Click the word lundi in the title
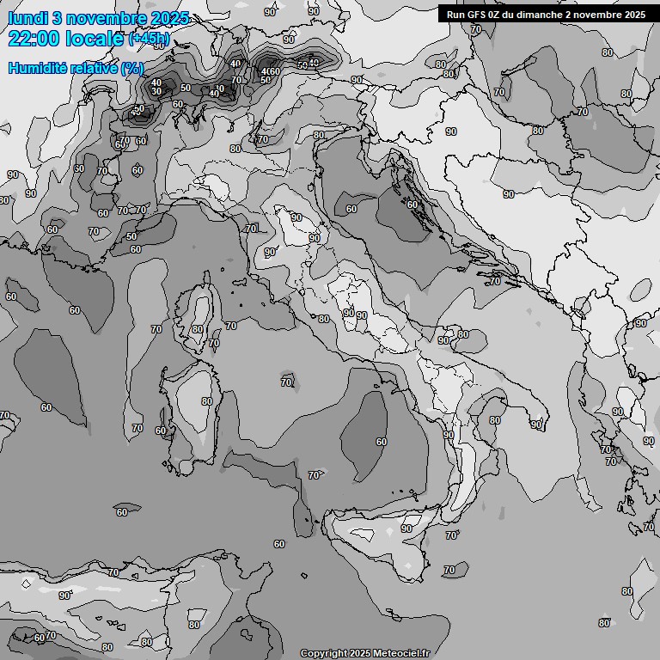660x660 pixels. tap(27, 18)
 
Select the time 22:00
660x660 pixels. tap(34, 38)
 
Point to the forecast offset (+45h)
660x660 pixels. tap(149, 39)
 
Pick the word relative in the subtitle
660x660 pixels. tap(92, 68)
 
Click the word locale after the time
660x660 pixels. tap(95, 38)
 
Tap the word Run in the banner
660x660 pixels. tap(456, 14)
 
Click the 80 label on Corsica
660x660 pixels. tap(198, 329)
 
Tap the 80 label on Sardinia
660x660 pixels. tap(206, 401)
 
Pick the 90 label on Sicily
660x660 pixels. tap(406, 529)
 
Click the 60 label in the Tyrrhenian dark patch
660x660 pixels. tap(381, 442)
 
